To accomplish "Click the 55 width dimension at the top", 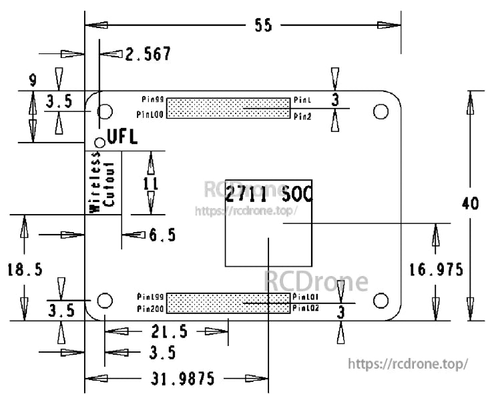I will [263, 25].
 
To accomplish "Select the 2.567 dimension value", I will [148, 54].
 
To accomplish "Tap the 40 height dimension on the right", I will [470, 204].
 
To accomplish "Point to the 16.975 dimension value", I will [436, 269].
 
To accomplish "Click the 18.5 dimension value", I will [25, 269].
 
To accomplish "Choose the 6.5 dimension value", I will [162, 235].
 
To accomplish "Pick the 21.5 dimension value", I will [169, 331].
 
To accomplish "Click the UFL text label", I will [122, 138].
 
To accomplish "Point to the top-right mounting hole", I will [381, 111].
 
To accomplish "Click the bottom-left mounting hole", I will [104, 300].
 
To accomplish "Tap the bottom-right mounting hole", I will [381, 300].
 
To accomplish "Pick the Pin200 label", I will [150, 309].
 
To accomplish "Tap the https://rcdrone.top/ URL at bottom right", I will [408, 365].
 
